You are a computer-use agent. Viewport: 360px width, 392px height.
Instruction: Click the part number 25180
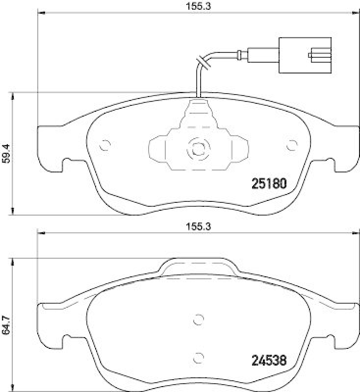click(x=269, y=184)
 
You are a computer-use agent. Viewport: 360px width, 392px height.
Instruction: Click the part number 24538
click(x=269, y=361)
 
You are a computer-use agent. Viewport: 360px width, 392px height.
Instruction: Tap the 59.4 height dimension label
click(x=6, y=153)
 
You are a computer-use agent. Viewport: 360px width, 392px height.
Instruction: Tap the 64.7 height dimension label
click(x=6, y=325)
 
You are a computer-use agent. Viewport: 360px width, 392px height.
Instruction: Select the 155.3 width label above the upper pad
click(x=198, y=6)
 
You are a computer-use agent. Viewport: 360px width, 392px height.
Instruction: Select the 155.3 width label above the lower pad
click(x=198, y=226)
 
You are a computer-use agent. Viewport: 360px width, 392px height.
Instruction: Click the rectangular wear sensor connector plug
click(x=305, y=55)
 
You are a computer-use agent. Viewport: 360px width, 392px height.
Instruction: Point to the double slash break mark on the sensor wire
click(x=204, y=63)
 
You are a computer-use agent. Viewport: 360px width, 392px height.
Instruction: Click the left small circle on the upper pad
click(x=105, y=145)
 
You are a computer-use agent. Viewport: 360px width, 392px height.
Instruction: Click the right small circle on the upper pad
click(x=292, y=145)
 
